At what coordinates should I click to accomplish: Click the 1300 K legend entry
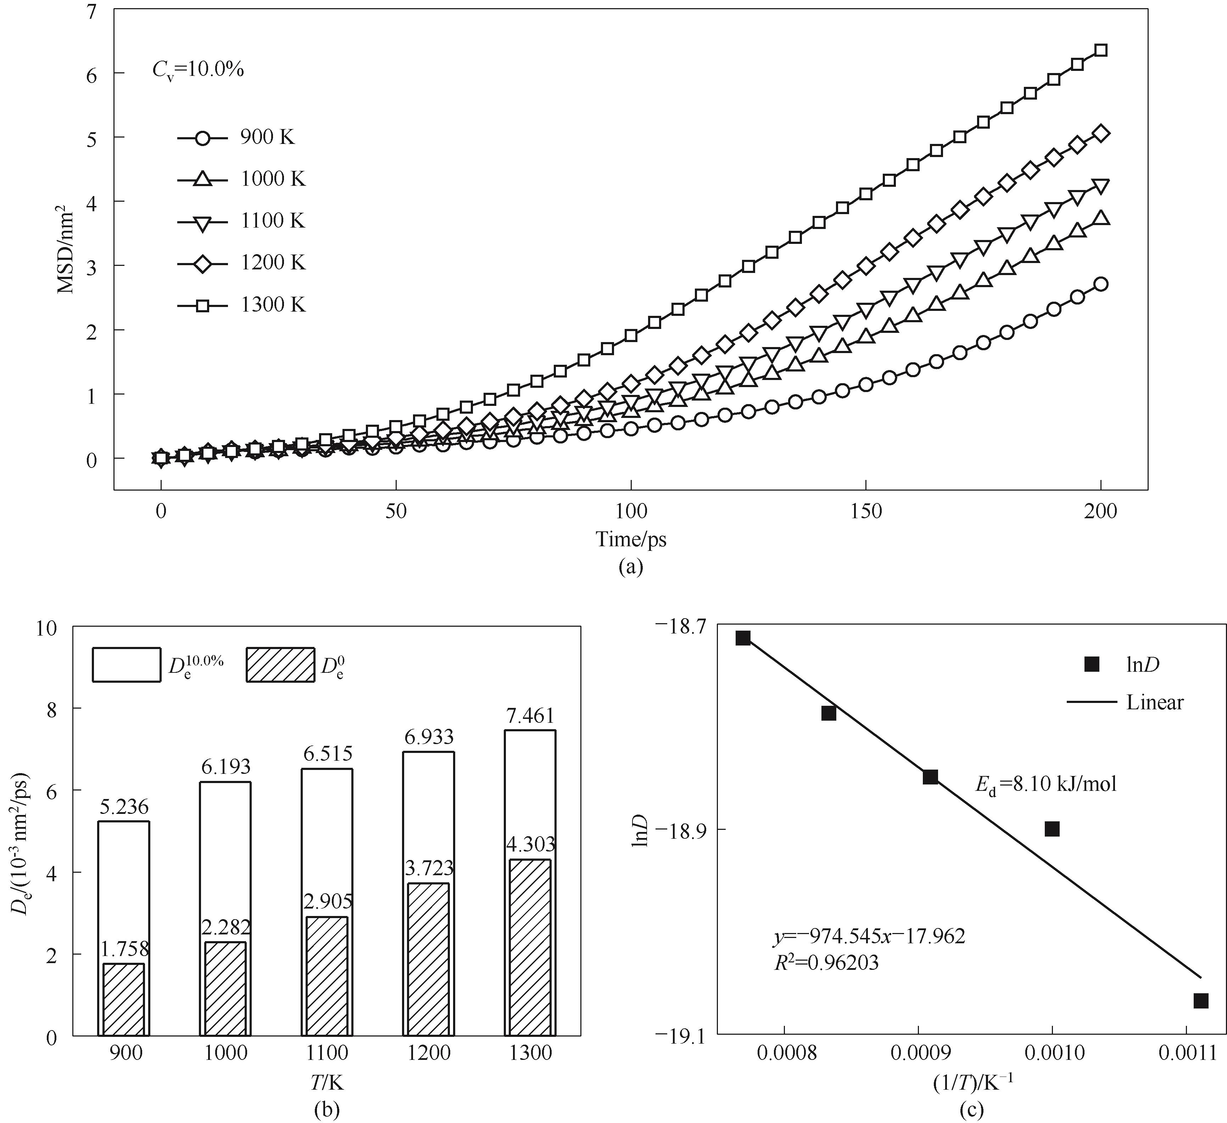pyautogui.click(x=242, y=305)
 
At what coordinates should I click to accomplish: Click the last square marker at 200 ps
pyautogui.click(x=1100, y=51)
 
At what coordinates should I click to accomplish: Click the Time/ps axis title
pyautogui.click(x=631, y=539)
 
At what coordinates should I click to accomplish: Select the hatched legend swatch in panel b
pyautogui.click(x=280, y=665)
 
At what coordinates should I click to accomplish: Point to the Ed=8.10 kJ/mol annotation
pyautogui.click(x=1046, y=784)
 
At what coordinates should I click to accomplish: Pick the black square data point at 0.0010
pyautogui.click(x=1052, y=829)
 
